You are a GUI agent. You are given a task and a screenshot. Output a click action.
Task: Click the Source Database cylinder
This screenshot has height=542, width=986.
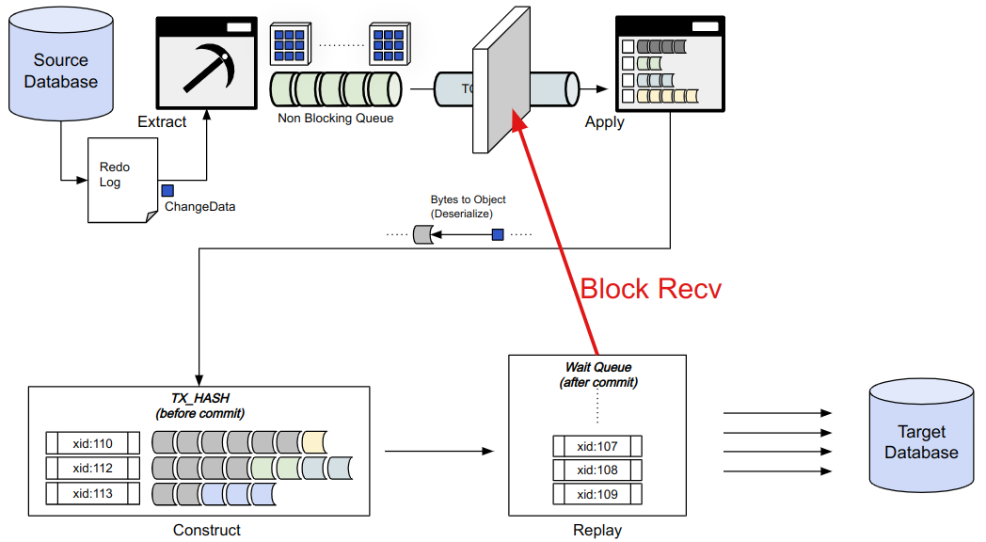coord(60,71)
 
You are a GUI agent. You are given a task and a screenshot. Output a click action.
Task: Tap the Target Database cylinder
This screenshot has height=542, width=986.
coord(921,442)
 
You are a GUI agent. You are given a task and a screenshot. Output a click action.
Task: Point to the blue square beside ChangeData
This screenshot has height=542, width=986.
coord(167,191)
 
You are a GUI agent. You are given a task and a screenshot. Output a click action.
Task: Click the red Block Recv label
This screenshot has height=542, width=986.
coord(650,288)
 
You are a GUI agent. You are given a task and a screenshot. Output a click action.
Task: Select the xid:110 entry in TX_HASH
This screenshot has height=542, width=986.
coord(92,442)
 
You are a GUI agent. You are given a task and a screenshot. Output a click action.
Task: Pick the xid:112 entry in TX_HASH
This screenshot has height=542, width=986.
coord(92,468)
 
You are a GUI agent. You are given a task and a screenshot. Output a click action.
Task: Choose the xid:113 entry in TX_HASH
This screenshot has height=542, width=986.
coord(92,493)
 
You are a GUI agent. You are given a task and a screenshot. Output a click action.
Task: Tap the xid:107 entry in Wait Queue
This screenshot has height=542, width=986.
coord(597,446)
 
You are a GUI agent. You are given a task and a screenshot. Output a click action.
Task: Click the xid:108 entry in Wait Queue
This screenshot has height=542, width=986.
coord(597,470)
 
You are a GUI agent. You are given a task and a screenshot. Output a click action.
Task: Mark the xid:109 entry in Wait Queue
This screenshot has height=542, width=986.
coord(597,494)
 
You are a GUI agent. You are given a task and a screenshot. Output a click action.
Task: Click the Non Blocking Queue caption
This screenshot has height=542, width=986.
coord(335,119)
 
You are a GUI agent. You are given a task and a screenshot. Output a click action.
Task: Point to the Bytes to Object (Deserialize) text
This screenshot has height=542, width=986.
coord(468,206)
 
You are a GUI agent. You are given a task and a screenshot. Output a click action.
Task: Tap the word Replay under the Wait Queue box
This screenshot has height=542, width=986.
coord(597,531)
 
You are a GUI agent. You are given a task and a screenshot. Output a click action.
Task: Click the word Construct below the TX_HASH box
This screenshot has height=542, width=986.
coord(207,531)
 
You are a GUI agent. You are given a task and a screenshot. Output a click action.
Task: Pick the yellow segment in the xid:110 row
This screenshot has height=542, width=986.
coord(314,442)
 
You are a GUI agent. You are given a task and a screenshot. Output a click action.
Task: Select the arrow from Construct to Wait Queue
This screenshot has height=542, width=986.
coord(438,452)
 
